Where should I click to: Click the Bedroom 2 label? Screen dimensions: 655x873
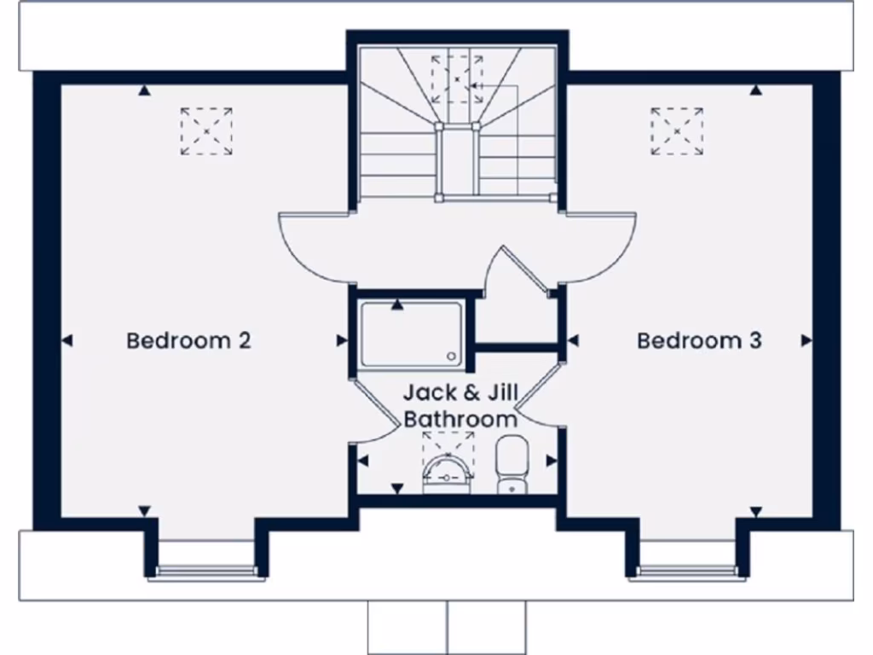pyautogui.click(x=188, y=341)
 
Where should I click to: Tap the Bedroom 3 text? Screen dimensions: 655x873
pyautogui.click(x=699, y=341)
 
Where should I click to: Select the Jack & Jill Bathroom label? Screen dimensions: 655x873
pyautogui.click(x=460, y=406)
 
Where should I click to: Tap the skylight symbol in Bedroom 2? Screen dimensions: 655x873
pyautogui.click(x=206, y=131)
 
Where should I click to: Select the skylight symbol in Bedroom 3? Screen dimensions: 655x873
pyautogui.click(x=677, y=131)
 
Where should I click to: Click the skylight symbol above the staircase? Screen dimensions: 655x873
pyautogui.click(x=457, y=79)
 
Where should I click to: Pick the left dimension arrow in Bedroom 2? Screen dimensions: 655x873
pyautogui.click(x=66, y=341)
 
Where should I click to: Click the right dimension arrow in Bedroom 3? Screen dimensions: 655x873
pyautogui.click(x=806, y=341)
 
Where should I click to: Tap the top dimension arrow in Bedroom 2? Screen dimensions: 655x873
pyautogui.click(x=145, y=90)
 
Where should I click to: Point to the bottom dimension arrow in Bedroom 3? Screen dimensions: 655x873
pyautogui.click(x=755, y=512)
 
